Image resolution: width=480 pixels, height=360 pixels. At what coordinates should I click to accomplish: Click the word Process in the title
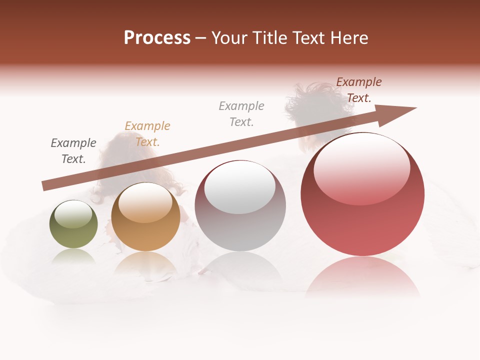[x=157, y=38]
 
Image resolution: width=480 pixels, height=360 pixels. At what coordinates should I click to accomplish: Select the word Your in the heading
[x=229, y=38]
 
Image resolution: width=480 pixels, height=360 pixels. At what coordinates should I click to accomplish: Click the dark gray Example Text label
[x=73, y=151]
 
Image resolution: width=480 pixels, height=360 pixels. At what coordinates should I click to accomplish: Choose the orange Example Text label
[x=147, y=134]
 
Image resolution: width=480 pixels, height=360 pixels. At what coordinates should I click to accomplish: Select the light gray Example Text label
[x=241, y=114]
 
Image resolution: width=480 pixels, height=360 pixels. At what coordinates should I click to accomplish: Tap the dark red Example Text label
[x=359, y=90]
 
